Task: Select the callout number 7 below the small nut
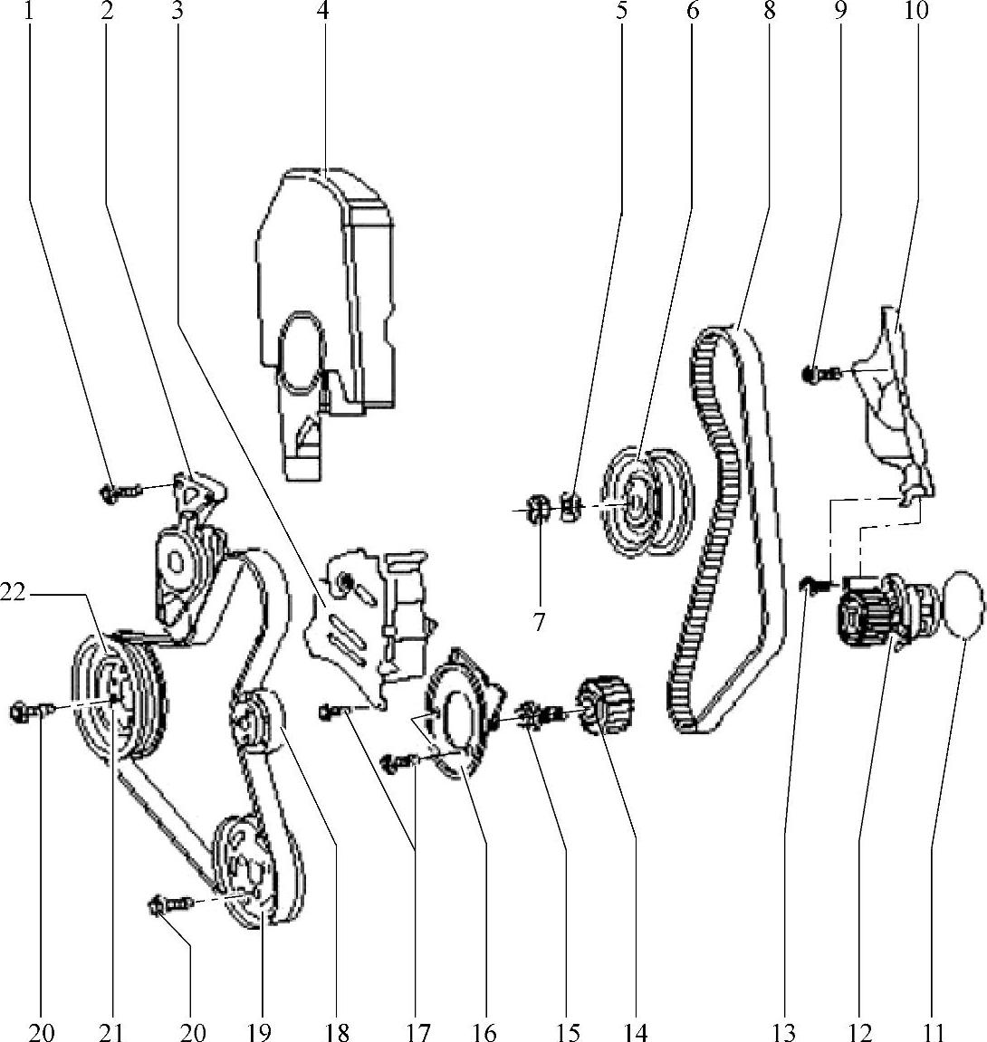pos(540,623)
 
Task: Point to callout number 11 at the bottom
pos(934,1031)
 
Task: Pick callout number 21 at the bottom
pos(112,1031)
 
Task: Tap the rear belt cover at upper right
pos(887,398)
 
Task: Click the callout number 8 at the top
pos(769,12)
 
